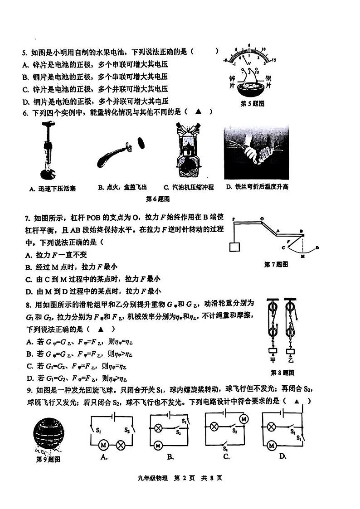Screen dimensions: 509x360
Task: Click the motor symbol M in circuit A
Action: pyautogui.click(x=102, y=446)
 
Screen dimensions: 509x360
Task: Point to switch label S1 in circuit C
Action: pyautogui.click(x=225, y=448)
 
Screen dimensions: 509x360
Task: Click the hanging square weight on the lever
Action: pyautogui.click(x=234, y=247)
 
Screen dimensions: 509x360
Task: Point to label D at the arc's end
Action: pyautogui.click(x=317, y=247)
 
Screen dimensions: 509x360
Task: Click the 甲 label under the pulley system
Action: pyautogui.click(x=272, y=360)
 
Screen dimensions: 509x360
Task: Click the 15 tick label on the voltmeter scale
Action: pyautogui.click(x=273, y=59)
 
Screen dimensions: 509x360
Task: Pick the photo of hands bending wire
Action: pyautogui.click(x=256, y=152)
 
